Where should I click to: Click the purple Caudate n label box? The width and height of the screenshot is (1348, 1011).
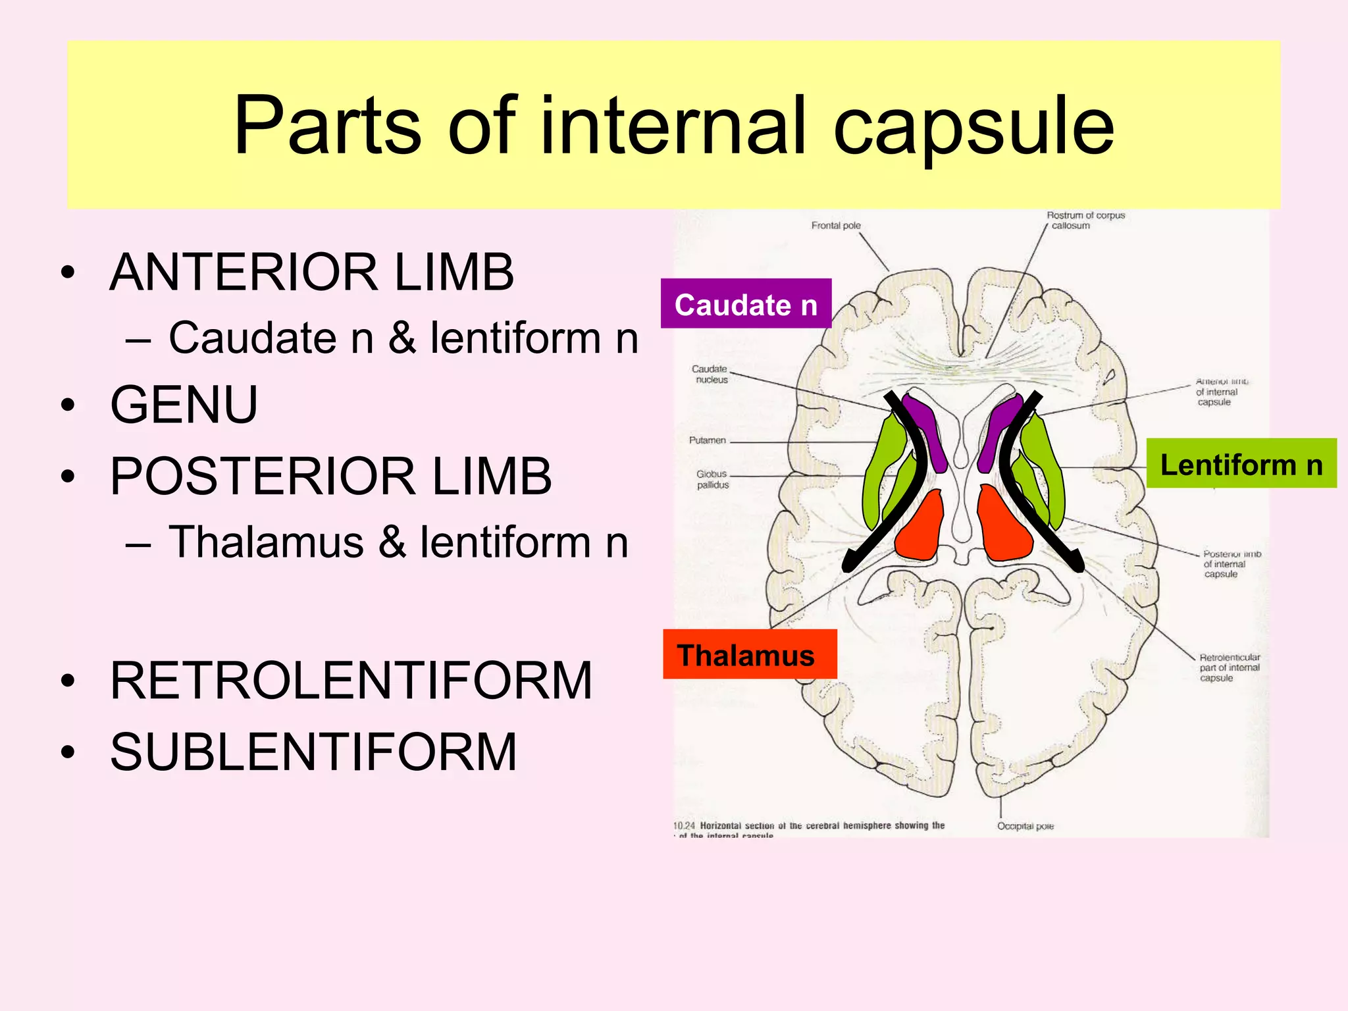[x=746, y=304]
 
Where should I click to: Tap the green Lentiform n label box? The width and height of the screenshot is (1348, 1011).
[x=1241, y=464]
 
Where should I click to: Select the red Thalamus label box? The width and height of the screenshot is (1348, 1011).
[x=749, y=655]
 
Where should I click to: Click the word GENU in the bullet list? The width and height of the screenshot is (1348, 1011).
[x=184, y=405]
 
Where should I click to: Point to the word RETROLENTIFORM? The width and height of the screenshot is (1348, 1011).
[x=351, y=681]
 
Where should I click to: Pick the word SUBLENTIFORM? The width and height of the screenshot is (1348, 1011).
[x=313, y=752]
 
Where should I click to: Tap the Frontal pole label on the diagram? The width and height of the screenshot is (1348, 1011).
[x=836, y=226]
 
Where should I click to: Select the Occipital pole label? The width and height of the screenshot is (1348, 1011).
[x=1025, y=826]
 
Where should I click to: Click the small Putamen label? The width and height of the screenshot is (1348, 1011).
[x=707, y=440]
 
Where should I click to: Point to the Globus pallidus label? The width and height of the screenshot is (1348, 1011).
[x=712, y=479]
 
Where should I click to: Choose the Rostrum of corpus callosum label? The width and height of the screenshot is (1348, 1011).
[x=1085, y=220]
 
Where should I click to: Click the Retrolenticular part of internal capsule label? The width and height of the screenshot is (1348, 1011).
[x=1228, y=667]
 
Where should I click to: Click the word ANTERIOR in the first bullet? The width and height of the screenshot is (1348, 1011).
[x=243, y=272]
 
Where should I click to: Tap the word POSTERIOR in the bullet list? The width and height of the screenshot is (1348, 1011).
[x=262, y=477]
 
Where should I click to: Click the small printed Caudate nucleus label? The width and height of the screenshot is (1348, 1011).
[x=710, y=375]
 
